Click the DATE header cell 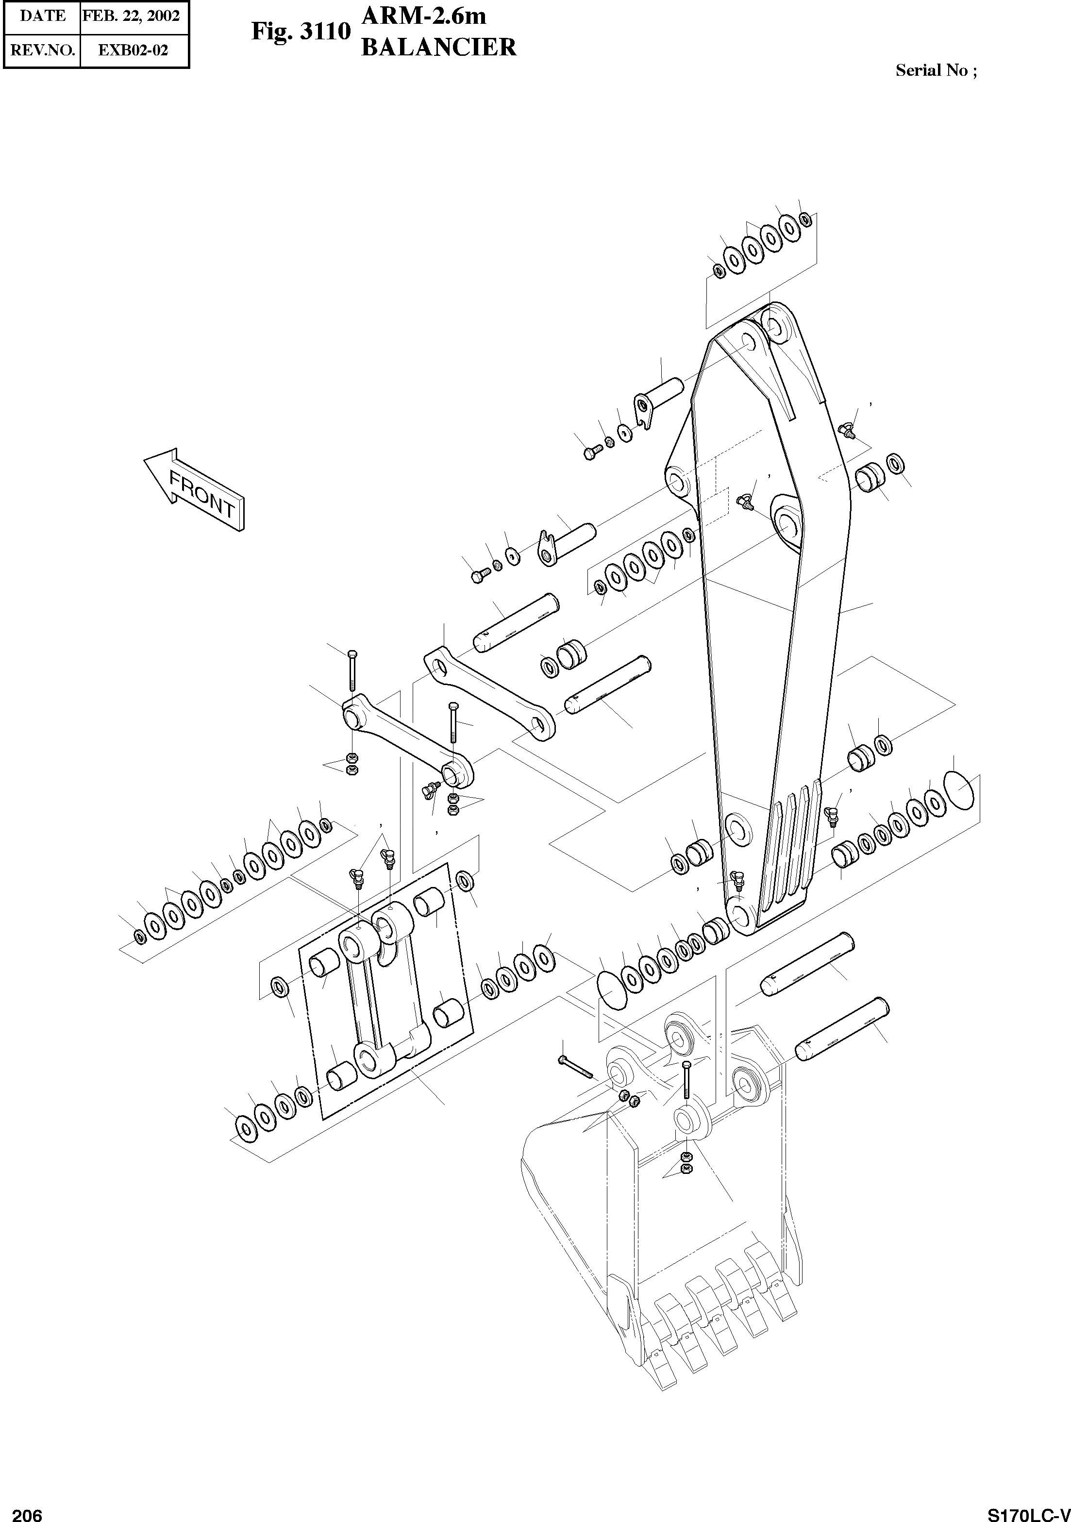42,16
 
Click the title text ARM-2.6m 424,15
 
